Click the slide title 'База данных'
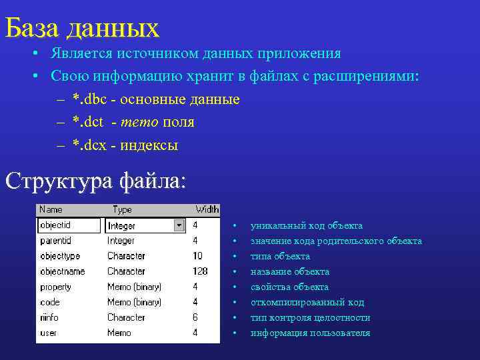82,28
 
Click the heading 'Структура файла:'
96,181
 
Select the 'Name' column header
51,209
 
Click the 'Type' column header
123,209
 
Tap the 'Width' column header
207,209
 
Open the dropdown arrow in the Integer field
179,225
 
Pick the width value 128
200,271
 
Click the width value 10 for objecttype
198,256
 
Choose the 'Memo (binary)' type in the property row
134,287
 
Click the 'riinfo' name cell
51,317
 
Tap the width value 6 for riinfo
195,317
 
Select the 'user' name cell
49,333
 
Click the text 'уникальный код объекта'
307,226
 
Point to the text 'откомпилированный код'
307,303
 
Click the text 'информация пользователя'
310,333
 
